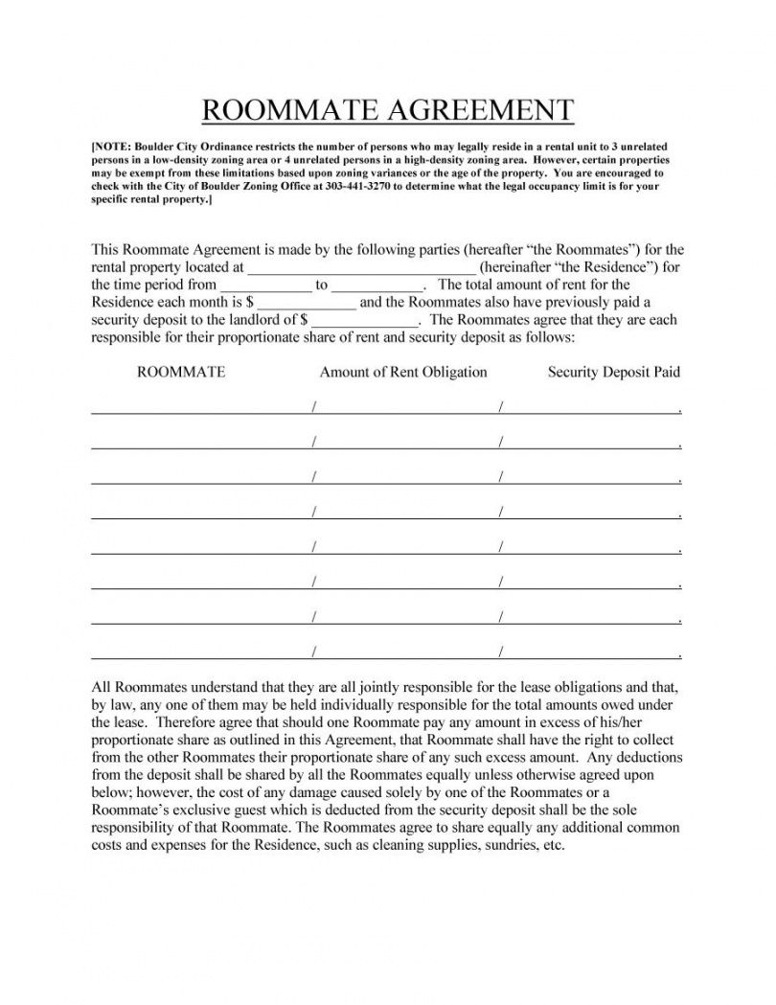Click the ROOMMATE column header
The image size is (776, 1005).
coord(181,372)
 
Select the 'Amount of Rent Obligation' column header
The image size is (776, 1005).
coord(403,372)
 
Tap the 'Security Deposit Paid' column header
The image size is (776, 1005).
coord(613,372)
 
